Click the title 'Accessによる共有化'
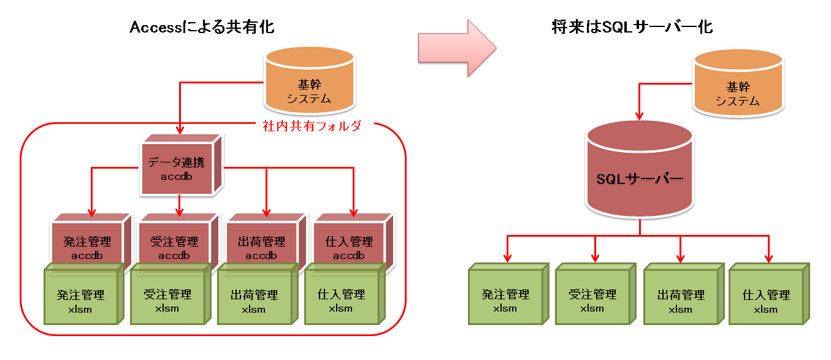(x=202, y=27)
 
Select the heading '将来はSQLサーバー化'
(x=632, y=27)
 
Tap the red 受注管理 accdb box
(x=174, y=246)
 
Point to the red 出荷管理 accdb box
(x=261, y=246)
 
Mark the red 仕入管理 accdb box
(x=348, y=246)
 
